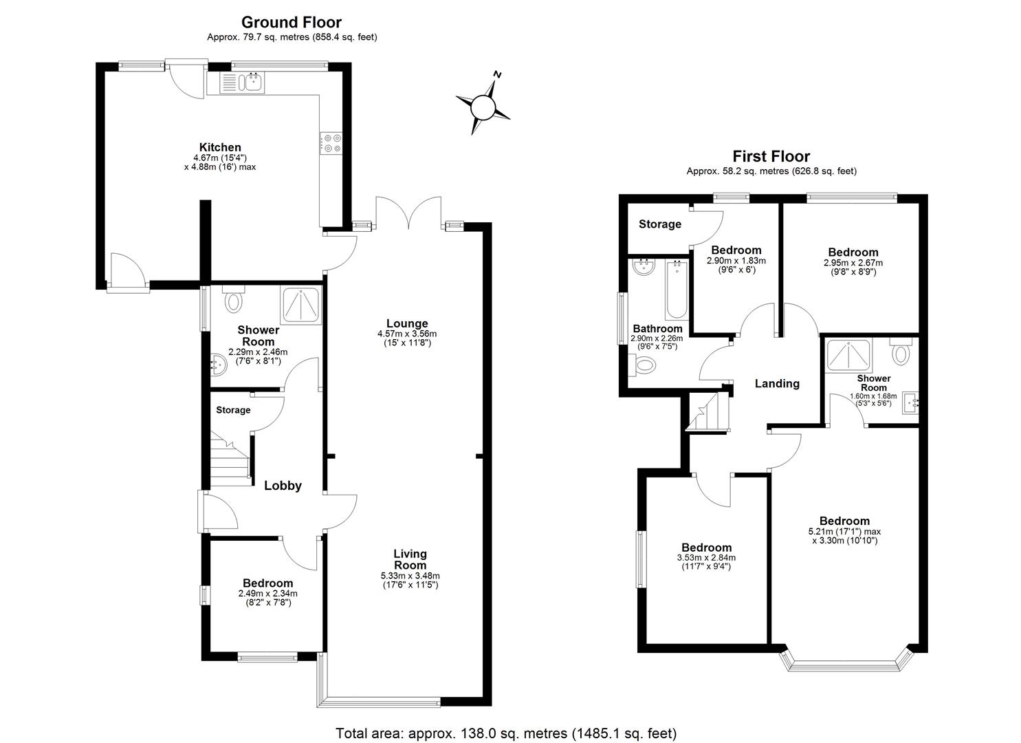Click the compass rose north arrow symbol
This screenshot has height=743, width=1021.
[x=483, y=105]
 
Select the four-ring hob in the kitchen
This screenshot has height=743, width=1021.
[x=333, y=142]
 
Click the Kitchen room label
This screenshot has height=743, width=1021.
[x=220, y=147]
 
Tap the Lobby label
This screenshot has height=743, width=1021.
[x=283, y=486]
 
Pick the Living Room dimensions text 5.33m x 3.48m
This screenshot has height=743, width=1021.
[x=410, y=576]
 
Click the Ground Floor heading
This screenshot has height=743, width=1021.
[x=292, y=23]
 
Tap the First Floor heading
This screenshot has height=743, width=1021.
[x=771, y=156]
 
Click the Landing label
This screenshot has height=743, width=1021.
[x=777, y=383]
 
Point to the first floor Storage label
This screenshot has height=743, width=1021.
[x=659, y=224]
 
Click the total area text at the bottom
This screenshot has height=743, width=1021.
[x=506, y=733]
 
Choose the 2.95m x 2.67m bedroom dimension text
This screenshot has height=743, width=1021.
[x=853, y=263]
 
